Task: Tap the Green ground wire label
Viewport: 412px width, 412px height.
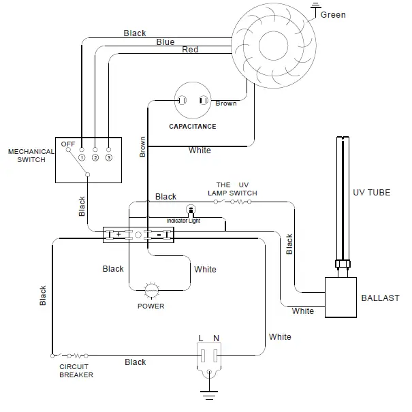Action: pyautogui.click(x=333, y=15)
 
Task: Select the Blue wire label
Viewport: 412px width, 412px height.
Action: pyautogui.click(x=165, y=42)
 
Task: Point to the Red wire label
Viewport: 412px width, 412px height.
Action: pyautogui.click(x=190, y=50)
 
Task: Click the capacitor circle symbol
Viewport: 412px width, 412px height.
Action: pyautogui.click(x=192, y=101)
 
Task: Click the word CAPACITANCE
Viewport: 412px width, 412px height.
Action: pyautogui.click(x=192, y=127)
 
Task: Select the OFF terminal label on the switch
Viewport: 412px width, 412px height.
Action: pyautogui.click(x=67, y=144)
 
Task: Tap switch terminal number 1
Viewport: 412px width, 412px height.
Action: pyautogui.click(x=81, y=158)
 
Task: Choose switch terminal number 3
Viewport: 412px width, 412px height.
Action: pyautogui.click(x=108, y=158)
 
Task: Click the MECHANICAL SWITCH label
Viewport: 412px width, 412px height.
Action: pyautogui.click(x=27, y=156)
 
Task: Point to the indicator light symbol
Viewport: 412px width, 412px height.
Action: pyautogui.click(x=191, y=210)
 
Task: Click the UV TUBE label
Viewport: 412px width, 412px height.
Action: pyautogui.click(x=371, y=193)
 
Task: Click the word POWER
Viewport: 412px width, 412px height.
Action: pyautogui.click(x=151, y=306)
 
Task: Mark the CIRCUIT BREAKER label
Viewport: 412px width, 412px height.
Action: pyautogui.click(x=76, y=371)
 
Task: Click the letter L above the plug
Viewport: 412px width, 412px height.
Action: pyautogui.click(x=201, y=338)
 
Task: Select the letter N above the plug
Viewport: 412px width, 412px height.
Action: pyautogui.click(x=217, y=338)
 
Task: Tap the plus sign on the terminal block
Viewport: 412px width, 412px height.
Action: pyautogui.click(x=119, y=234)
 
